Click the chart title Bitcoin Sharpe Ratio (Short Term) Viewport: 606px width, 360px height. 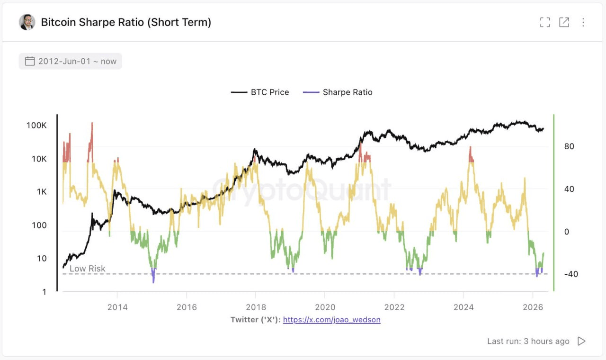(x=126, y=22)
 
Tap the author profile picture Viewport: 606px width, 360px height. (x=27, y=22)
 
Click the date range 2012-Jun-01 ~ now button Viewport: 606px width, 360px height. (x=71, y=61)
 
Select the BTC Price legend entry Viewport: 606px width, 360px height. (x=260, y=92)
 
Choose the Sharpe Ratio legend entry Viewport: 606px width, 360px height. (x=338, y=92)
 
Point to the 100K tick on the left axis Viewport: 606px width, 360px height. (x=36, y=126)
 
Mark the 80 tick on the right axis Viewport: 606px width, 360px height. (x=569, y=146)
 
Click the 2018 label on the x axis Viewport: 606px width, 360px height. (x=256, y=306)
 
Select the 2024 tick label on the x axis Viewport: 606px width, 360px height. (x=463, y=306)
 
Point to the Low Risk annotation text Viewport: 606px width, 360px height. (x=88, y=269)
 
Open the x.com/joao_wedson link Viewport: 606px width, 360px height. (x=332, y=320)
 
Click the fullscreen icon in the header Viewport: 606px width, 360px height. (x=545, y=22)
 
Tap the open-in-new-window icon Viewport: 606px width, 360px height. (x=564, y=22)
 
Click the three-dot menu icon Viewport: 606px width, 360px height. (x=583, y=22)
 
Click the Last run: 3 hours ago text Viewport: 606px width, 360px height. (x=528, y=341)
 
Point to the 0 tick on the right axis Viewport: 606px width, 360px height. (x=566, y=232)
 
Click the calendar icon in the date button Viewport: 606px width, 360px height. (x=30, y=61)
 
